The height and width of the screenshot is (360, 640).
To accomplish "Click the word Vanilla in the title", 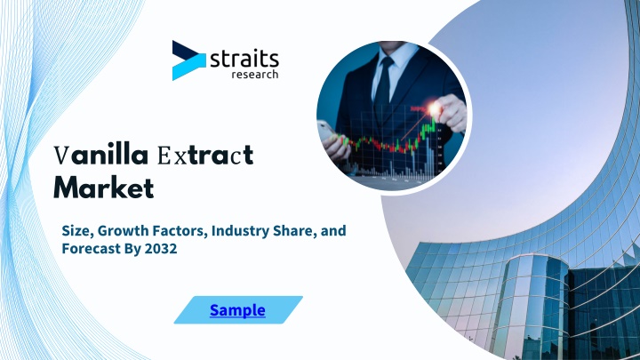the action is (100, 155).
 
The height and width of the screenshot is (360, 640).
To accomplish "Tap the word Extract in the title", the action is (205, 155).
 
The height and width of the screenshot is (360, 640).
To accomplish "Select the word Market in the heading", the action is (104, 188).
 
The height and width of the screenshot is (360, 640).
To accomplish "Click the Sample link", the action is (237, 310).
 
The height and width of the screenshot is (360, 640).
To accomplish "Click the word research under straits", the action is (255, 75).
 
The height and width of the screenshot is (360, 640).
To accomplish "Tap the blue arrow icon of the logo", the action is (188, 60).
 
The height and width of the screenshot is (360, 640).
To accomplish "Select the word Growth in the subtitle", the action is (124, 230).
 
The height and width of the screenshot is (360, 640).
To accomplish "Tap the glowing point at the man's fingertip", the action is (435, 108).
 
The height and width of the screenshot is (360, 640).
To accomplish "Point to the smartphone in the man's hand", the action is (327, 131).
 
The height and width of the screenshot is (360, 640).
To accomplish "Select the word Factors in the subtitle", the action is (180, 230).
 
